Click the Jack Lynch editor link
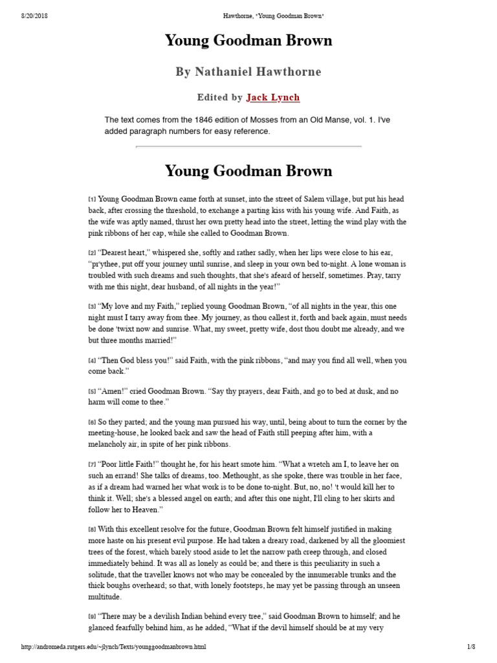(x=272, y=98)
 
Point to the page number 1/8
(x=471, y=647)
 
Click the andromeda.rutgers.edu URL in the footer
(x=114, y=647)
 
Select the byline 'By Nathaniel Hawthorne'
(x=248, y=72)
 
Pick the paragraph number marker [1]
(x=92, y=200)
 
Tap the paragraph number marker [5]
(x=92, y=392)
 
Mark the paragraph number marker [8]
(x=92, y=530)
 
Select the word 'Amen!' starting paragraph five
(x=111, y=392)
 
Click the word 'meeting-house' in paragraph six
(x=115, y=433)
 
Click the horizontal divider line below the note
(x=248, y=147)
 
